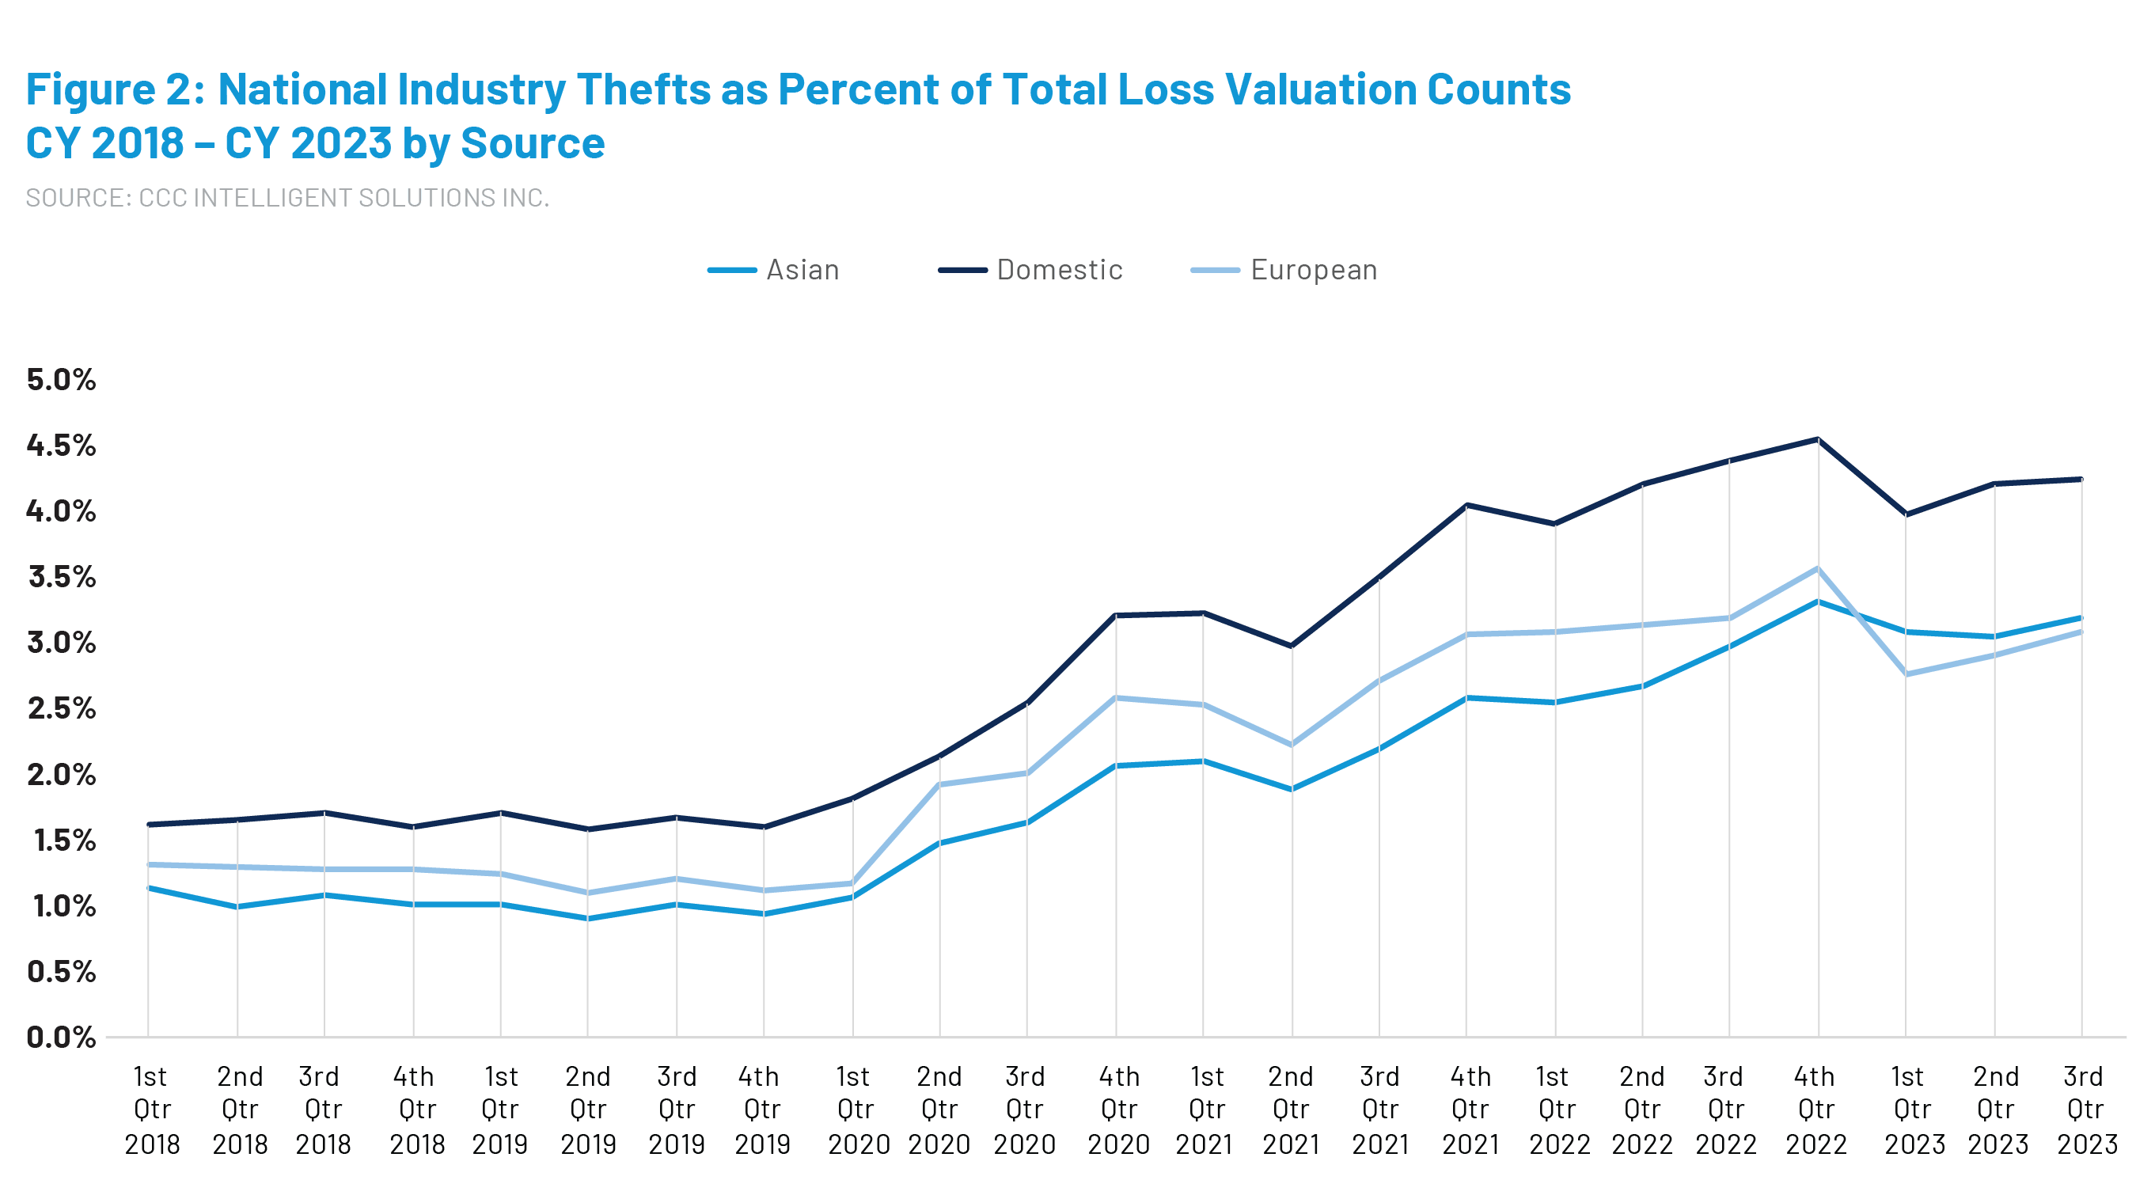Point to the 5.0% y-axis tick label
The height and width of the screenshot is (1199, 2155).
coord(61,379)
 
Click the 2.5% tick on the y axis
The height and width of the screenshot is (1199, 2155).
coord(61,708)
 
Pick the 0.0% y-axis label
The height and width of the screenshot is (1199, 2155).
coord(61,1038)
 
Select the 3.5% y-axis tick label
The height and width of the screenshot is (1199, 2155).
coord(61,576)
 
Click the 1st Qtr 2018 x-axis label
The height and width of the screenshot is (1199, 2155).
coord(151,1110)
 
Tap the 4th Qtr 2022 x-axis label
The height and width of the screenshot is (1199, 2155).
coord(1815,1110)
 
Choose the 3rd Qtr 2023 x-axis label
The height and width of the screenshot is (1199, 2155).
coord(2085,1110)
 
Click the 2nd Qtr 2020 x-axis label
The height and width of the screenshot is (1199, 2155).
coord(939,1110)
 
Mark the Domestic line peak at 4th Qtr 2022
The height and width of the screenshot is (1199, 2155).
coord(1818,439)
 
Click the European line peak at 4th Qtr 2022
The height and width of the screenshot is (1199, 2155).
coord(1818,569)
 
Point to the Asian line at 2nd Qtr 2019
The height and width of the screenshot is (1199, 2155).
coord(588,919)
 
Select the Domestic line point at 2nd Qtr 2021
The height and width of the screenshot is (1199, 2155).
coord(1292,646)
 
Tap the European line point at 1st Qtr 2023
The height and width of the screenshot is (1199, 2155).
coord(1906,673)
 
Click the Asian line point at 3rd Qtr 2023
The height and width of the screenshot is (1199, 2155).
coord(2081,618)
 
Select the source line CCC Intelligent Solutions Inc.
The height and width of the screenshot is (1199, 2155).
coord(287,198)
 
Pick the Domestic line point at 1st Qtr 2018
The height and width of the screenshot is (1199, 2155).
coord(149,824)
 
